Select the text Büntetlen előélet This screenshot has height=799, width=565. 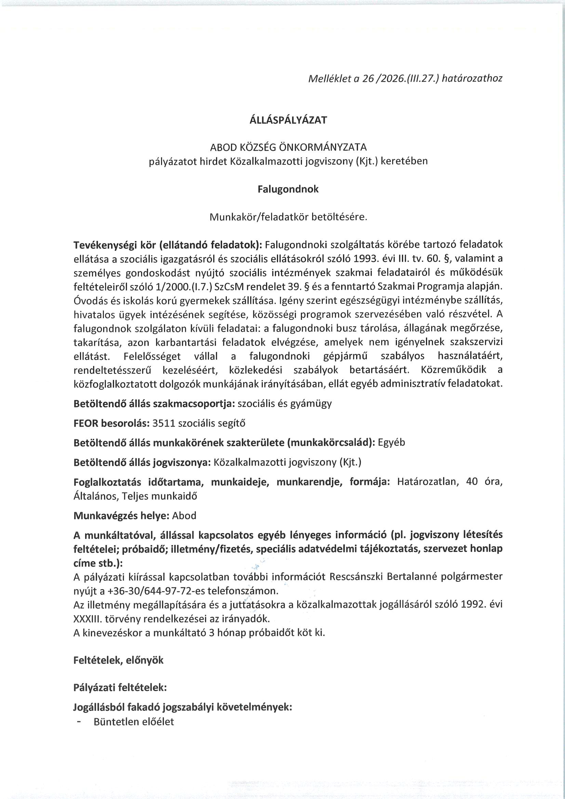pos(134,722)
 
